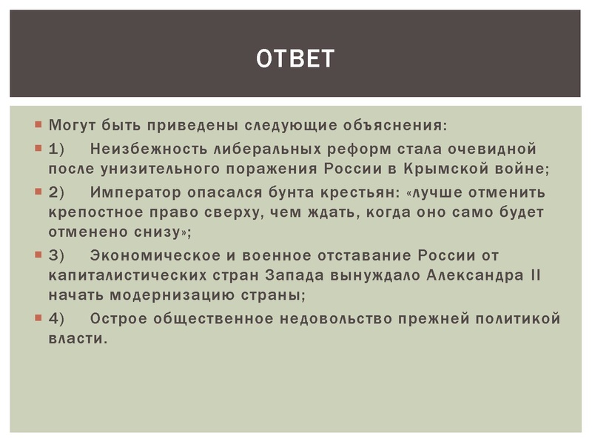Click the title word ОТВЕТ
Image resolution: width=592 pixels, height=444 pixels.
click(295, 58)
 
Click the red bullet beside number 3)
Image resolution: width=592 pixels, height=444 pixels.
click(38, 255)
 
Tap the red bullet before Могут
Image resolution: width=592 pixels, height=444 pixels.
click(38, 122)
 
